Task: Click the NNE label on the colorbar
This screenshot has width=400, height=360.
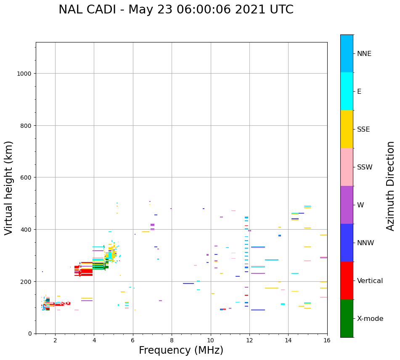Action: point(364,53)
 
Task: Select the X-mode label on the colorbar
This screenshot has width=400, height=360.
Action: point(370,319)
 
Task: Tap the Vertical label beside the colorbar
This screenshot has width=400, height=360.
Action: point(370,281)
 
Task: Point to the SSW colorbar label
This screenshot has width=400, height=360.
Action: point(365,167)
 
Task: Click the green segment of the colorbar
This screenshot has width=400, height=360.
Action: point(347,318)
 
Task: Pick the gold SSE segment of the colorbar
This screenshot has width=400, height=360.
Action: point(347,129)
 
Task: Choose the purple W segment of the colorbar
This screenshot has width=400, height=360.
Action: point(347,205)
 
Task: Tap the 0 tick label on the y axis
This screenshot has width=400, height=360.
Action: point(29,334)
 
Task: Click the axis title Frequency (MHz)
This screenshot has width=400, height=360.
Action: point(181,351)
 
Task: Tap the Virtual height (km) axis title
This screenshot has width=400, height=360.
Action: point(9,188)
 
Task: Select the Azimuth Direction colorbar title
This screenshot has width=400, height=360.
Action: point(391,186)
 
